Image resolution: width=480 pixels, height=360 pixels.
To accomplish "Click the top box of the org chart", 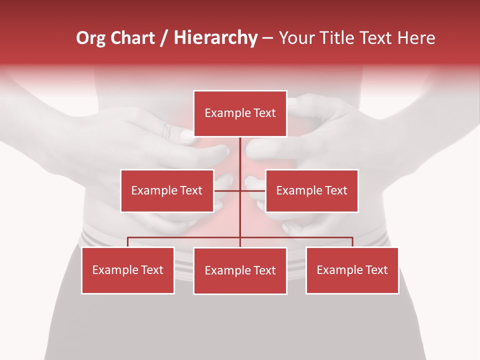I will tap(240, 113).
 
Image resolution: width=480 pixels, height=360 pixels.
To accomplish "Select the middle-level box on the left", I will tap(167, 190).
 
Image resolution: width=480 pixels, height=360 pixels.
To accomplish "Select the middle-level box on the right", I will tap(311, 190).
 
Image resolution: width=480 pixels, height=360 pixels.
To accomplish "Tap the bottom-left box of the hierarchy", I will tap(128, 270).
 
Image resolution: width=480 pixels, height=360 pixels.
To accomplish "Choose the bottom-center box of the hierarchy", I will tap(240, 271).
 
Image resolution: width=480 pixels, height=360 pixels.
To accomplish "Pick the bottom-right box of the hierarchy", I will tap(352, 270).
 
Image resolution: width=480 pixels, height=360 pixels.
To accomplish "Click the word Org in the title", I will tap(90, 38).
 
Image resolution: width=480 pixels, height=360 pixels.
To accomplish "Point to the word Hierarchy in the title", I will tap(215, 38).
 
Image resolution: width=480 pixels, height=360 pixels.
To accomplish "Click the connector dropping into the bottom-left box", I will tap(128, 242).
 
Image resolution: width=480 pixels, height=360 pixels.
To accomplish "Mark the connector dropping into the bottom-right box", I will tap(352, 242).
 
